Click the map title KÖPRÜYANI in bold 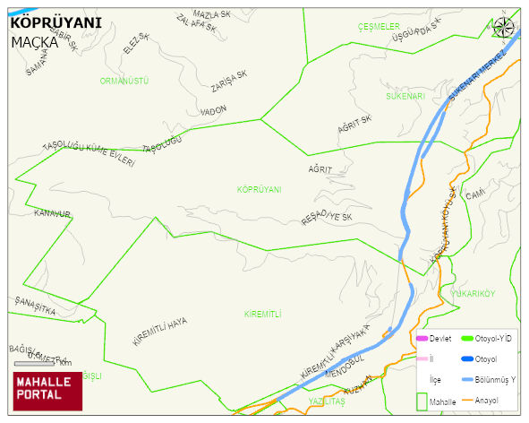55,22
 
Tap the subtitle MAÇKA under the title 35,41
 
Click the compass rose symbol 504,27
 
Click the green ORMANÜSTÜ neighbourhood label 124,81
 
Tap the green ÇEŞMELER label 379,27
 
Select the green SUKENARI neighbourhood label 405,95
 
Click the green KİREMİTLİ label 262,314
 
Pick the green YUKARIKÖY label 474,293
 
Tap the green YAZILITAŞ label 326,401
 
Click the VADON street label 214,110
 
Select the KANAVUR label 51,213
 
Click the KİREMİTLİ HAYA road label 159,332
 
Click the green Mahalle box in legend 422,401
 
